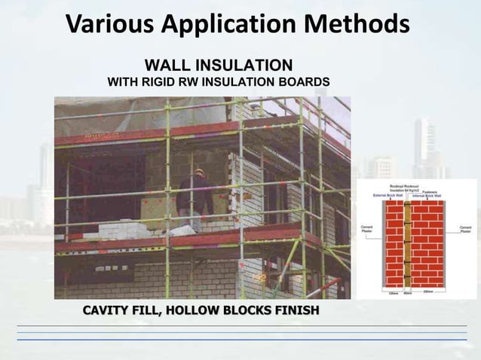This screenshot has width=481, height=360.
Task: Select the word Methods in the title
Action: point(360,25)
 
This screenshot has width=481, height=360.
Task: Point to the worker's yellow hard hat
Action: point(199,172)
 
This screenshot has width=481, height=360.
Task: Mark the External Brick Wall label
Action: point(389,196)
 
